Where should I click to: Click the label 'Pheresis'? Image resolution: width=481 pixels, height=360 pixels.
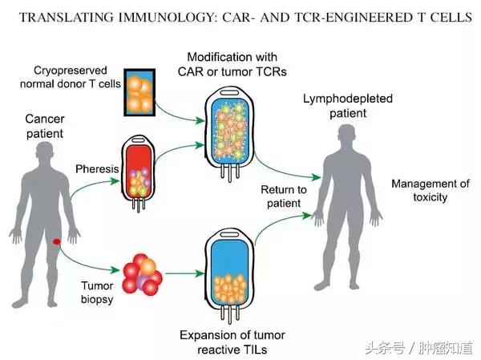tap(95, 170)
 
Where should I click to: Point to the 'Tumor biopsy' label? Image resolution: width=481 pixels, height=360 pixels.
tap(98, 292)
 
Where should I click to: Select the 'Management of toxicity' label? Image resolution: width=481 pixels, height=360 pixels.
tap(430, 190)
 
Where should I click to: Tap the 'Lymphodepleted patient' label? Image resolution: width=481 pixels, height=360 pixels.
tap(334, 106)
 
